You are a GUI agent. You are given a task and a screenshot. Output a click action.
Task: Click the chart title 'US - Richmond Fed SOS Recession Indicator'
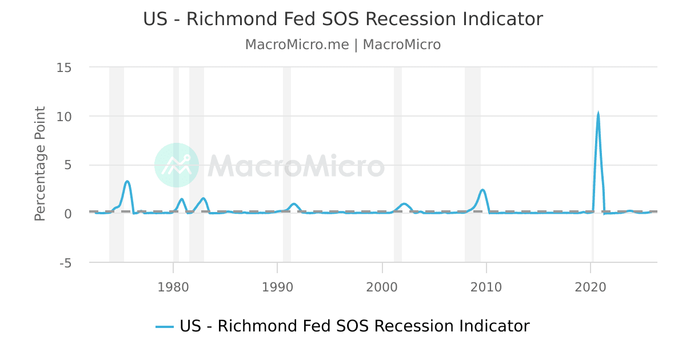[x=343, y=19]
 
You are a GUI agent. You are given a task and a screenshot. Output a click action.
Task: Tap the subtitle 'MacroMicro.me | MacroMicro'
[x=343, y=45]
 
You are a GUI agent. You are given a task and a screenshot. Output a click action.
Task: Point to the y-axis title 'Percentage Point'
[x=40, y=163]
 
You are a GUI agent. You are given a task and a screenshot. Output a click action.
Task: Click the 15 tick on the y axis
[x=64, y=67]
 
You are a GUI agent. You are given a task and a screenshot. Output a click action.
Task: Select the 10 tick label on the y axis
[x=64, y=117]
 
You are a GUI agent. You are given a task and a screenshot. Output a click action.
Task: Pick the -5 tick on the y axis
[x=64, y=263]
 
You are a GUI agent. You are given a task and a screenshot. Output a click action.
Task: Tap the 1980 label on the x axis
[x=173, y=286]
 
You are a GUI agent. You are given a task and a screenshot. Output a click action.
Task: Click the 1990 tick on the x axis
[x=277, y=286]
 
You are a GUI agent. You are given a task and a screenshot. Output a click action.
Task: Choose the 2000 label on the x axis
[x=382, y=286]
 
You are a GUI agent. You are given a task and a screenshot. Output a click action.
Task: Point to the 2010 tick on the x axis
[x=486, y=286]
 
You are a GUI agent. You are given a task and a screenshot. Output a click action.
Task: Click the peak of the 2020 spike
[x=598, y=114]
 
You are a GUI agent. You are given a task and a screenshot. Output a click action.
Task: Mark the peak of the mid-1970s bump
[x=127, y=182]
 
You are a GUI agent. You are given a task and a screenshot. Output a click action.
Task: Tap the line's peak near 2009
[x=482, y=190]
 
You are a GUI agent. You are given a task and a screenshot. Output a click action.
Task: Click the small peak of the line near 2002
[x=404, y=203]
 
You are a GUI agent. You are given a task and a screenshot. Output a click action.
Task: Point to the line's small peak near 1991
[x=294, y=203]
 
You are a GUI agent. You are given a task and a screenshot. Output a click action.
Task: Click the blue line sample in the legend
[x=164, y=326]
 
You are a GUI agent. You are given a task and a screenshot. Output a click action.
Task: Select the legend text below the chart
[x=354, y=326]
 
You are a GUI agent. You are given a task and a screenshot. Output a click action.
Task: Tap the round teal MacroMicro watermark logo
[x=177, y=165]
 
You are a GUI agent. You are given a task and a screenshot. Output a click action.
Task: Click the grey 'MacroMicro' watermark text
[x=296, y=166]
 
